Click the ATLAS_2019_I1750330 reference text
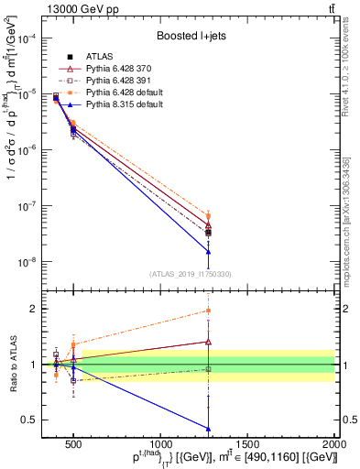pos(191,274)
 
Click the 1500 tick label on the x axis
pos(248,445)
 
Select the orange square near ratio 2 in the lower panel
pos(209,311)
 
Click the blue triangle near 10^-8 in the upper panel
pos(209,252)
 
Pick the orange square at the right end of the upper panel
pos(209,216)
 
